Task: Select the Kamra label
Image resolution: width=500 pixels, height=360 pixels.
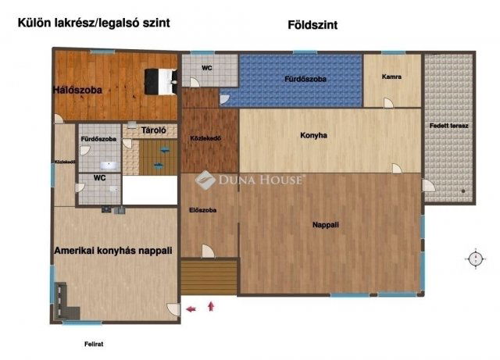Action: (x=391, y=77)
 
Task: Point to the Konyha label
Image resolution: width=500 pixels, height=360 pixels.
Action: (x=313, y=135)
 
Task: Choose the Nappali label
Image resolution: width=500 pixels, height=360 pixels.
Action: (x=325, y=224)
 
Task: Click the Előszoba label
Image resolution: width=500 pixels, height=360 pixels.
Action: (x=202, y=210)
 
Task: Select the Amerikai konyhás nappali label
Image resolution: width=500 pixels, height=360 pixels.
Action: (x=113, y=251)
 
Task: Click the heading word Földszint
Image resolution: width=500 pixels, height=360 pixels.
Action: (x=312, y=25)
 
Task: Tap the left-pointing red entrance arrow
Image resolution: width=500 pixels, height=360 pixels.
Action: (x=191, y=310)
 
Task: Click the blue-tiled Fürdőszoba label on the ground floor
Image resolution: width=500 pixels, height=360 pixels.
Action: (x=305, y=79)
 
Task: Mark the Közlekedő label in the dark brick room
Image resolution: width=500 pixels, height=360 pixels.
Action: (x=205, y=139)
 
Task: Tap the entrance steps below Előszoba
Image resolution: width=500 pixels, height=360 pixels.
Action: (x=208, y=277)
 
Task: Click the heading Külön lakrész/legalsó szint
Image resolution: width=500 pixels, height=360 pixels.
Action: (x=94, y=23)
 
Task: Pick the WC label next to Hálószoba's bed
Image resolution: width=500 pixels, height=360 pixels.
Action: (x=206, y=68)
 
